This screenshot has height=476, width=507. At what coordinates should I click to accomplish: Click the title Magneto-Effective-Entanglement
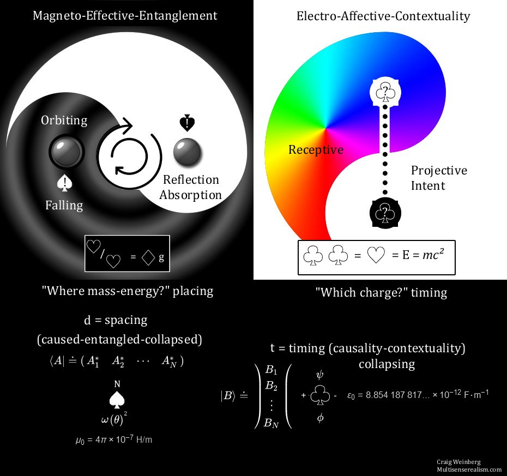(x=125, y=15)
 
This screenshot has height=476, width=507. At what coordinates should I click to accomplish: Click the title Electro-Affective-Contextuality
(x=383, y=16)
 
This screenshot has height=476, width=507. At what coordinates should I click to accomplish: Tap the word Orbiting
(x=64, y=120)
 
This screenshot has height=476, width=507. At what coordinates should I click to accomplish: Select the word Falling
(x=64, y=205)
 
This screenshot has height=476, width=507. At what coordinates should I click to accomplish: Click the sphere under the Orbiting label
(x=65, y=152)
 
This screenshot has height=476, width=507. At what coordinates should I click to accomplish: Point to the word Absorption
(x=193, y=195)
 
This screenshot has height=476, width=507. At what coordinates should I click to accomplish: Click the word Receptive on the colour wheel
(x=316, y=149)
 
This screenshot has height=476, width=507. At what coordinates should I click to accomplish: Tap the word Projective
(x=439, y=170)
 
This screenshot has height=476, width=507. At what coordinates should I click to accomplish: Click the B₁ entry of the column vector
(x=271, y=370)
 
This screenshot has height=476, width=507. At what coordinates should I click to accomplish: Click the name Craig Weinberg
(x=457, y=462)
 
